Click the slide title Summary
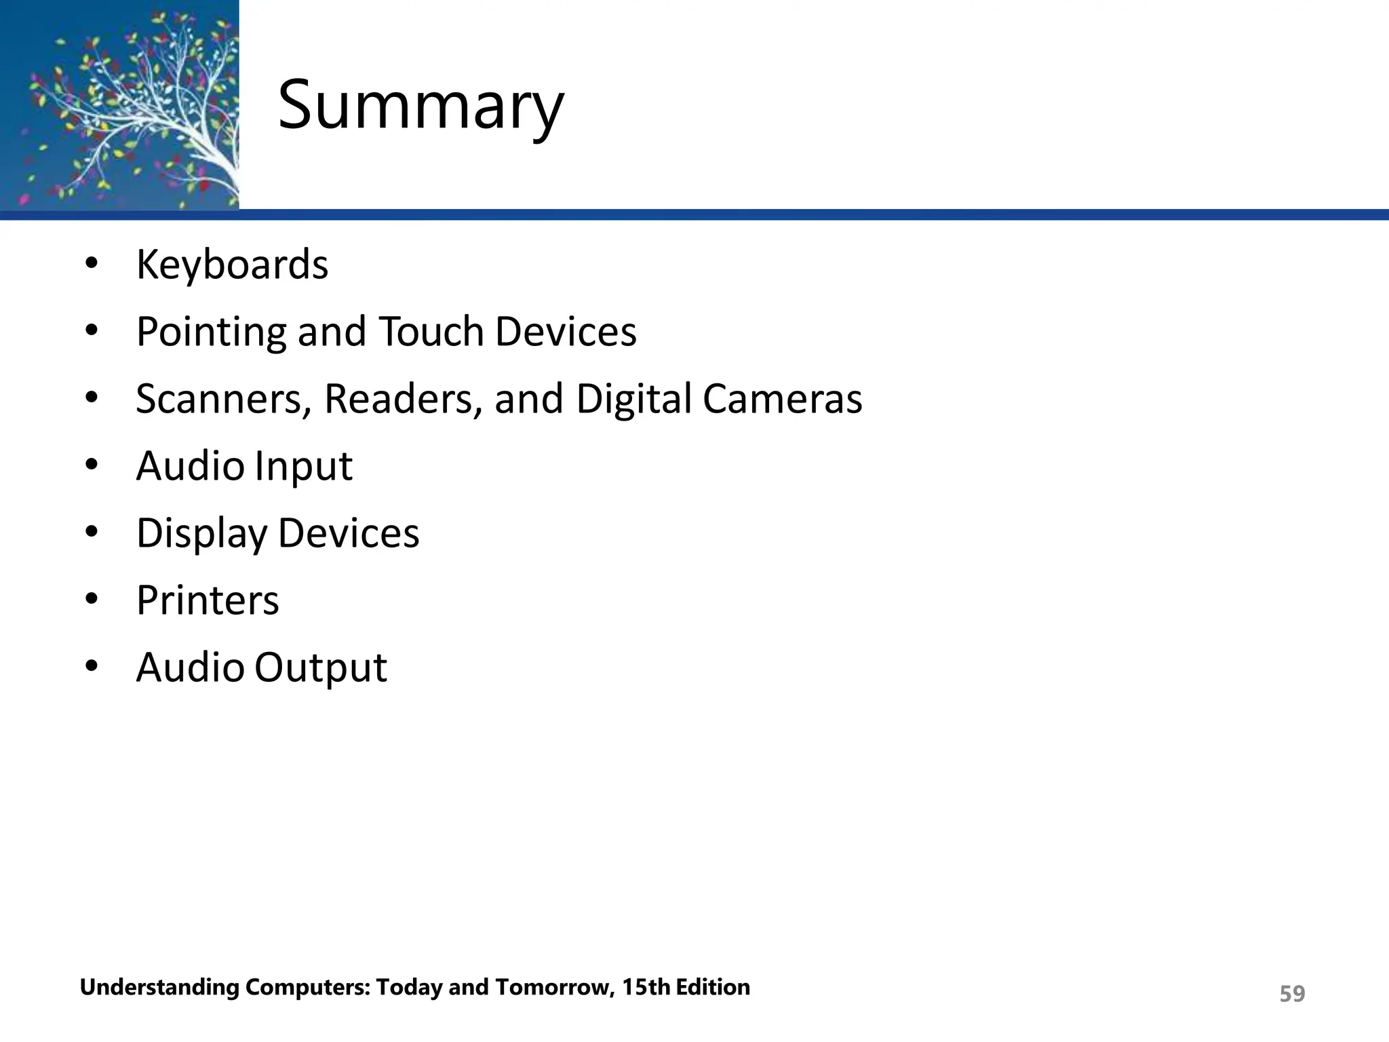420,107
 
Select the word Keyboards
232,264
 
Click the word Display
201,533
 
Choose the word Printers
208,600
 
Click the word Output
320,668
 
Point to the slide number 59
1291,994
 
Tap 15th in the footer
645,987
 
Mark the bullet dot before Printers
92,599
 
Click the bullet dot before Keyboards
92,263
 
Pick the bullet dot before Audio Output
92,666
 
